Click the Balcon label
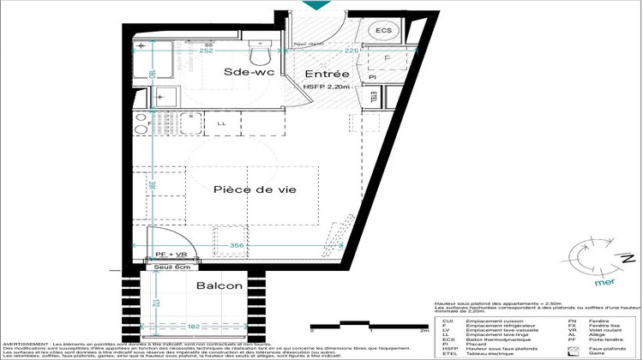point(219,285)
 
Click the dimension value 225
point(329,51)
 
